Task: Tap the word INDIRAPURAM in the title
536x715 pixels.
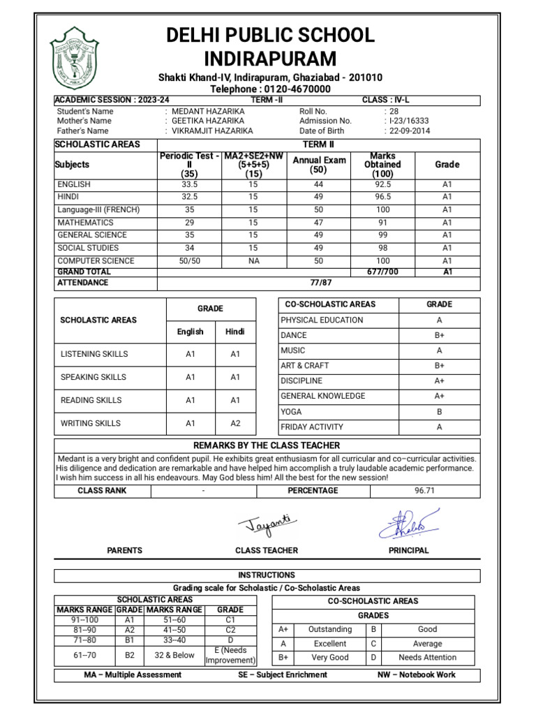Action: coord(269,58)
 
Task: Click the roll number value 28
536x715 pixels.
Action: coord(394,111)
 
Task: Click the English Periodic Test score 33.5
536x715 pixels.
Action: coord(190,184)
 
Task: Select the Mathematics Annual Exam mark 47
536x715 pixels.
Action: coord(318,222)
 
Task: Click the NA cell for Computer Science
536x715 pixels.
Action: coord(253,260)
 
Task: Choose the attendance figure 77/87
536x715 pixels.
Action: coord(319,283)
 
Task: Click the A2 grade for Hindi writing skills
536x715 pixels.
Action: coord(235,423)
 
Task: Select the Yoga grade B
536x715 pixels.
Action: coord(439,411)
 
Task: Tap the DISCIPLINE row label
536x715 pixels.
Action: coord(301,381)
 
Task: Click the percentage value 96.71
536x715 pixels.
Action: coord(424,490)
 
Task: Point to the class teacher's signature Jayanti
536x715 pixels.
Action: coord(267,523)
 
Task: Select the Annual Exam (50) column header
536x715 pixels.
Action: coord(318,165)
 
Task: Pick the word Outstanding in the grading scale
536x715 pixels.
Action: coord(329,629)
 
